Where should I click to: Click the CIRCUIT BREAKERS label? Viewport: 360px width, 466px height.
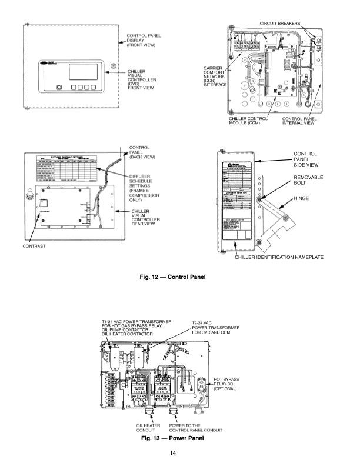pyautogui.click(x=279, y=23)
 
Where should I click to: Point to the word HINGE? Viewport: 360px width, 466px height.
pyautogui.click(x=302, y=199)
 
